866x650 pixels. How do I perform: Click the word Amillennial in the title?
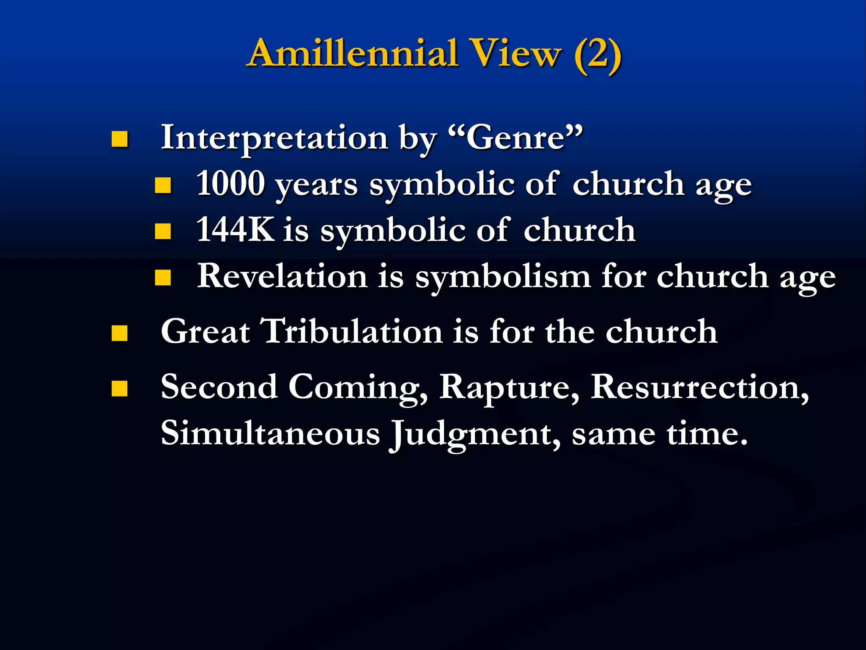(x=354, y=53)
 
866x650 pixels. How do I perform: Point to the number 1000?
(x=230, y=184)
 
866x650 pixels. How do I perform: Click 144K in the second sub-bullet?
(x=235, y=230)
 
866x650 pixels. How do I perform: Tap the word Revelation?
(x=282, y=276)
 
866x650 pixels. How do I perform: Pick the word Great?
(x=206, y=331)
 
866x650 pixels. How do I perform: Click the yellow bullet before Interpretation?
(x=120, y=139)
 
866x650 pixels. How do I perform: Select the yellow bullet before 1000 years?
(x=163, y=185)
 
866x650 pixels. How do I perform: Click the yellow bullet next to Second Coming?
(x=120, y=388)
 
